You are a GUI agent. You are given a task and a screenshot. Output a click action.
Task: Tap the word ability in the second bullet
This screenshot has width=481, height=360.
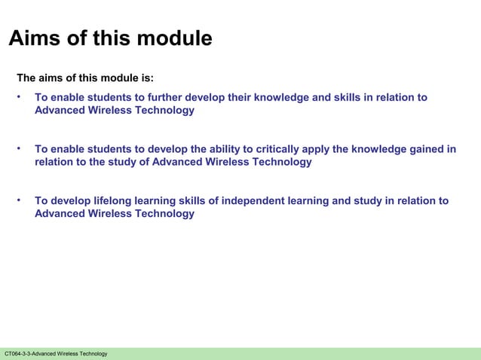tap(218, 149)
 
